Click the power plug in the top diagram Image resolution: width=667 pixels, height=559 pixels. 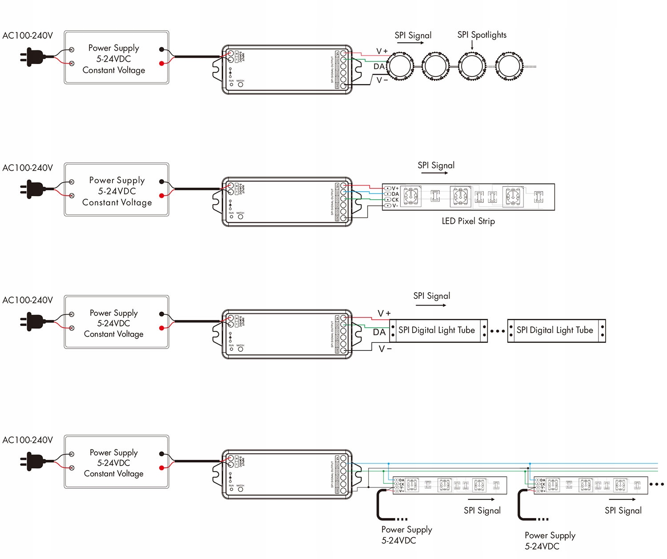click(x=32, y=57)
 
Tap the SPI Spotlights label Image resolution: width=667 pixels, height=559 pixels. click(x=482, y=35)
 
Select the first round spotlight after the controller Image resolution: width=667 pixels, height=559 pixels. click(x=400, y=66)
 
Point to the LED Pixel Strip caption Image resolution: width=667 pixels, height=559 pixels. click(x=468, y=221)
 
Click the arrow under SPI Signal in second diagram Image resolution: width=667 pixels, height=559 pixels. click(x=434, y=173)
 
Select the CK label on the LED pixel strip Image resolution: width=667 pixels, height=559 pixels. click(x=395, y=200)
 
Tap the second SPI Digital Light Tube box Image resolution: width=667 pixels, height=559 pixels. click(x=556, y=330)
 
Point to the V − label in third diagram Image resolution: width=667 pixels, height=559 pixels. click(x=385, y=349)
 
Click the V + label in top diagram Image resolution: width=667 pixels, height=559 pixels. click(x=382, y=51)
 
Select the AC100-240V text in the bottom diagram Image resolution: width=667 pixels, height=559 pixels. click(x=28, y=440)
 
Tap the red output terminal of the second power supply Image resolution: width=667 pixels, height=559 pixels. click(x=161, y=196)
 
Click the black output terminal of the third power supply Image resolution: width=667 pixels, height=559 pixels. click(x=161, y=314)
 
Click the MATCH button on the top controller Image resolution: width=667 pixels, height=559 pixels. click(x=241, y=84)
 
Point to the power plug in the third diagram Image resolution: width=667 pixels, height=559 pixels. click(x=32, y=322)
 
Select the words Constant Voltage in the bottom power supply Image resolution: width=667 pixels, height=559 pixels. click(x=114, y=474)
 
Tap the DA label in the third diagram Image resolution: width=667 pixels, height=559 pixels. click(x=379, y=332)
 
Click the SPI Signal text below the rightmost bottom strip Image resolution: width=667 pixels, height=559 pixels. click(x=623, y=511)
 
